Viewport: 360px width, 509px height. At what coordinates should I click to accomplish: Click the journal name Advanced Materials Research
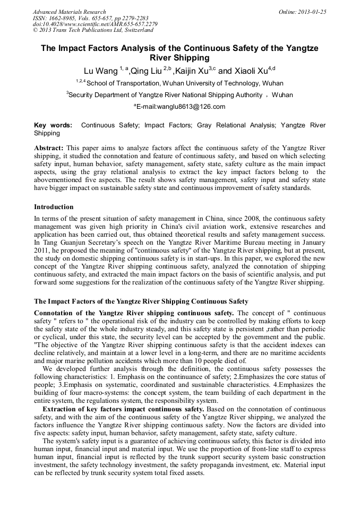click(69, 12)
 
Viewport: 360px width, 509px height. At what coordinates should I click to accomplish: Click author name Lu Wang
click(101, 71)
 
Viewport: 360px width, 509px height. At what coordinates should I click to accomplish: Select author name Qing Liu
click(147, 71)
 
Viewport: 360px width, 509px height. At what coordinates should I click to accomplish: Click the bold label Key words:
click(53, 125)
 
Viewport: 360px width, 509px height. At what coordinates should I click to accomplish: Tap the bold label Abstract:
click(49, 147)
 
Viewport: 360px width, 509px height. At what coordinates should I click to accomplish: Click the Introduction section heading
click(54, 207)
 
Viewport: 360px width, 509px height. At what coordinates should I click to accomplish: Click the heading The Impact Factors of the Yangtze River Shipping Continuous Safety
click(141, 301)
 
